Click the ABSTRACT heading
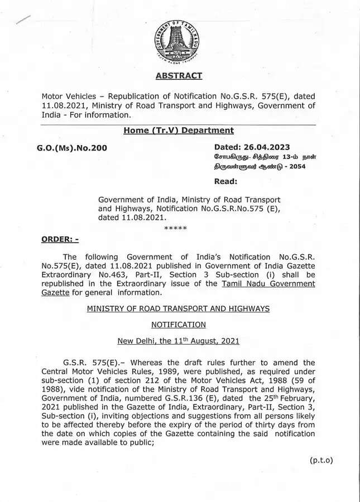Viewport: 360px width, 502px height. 178,76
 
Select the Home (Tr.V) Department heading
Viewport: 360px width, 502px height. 179,131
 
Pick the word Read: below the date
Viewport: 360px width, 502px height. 225,181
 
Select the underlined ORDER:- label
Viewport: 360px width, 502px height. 60,239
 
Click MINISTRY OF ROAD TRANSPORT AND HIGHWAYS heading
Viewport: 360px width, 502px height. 178,308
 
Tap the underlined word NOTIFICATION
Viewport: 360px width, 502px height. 178,325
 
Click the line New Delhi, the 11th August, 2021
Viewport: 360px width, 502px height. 178,341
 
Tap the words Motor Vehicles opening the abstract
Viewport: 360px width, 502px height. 66,96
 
